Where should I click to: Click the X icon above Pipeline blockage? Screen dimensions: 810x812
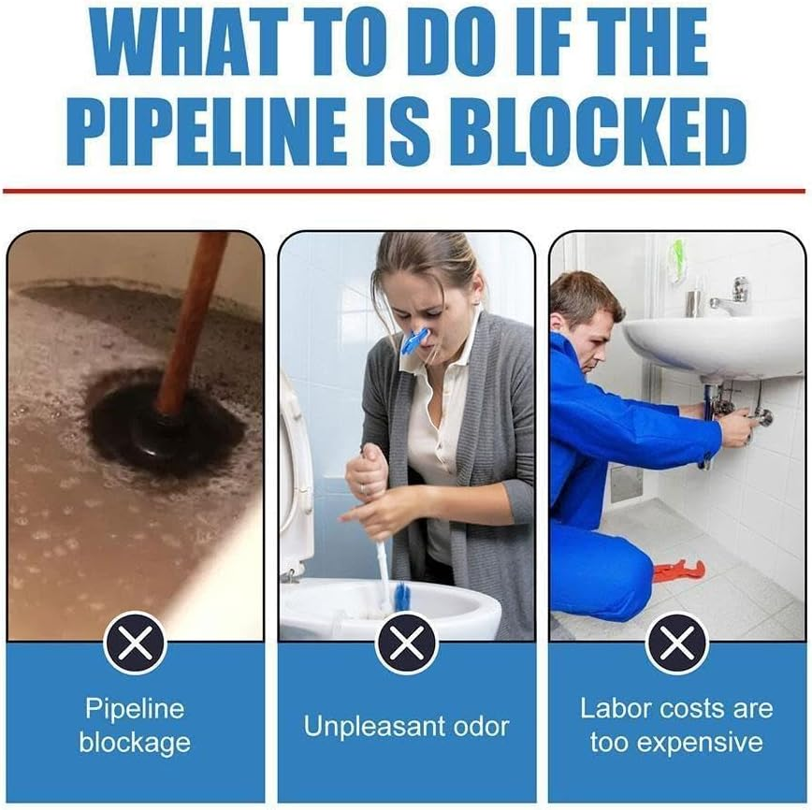pyautogui.click(x=136, y=643)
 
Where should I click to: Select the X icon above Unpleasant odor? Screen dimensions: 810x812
pyautogui.click(x=406, y=643)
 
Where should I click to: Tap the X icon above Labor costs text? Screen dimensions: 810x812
pyautogui.click(x=676, y=643)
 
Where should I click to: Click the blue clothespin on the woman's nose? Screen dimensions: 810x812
pyautogui.click(x=414, y=340)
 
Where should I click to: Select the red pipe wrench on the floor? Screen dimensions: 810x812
pyautogui.click(x=678, y=570)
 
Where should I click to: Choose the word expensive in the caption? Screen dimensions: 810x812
pyautogui.click(x=676, y=744)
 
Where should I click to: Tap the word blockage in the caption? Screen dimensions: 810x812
pyautogui.click(x=135, y=744)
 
